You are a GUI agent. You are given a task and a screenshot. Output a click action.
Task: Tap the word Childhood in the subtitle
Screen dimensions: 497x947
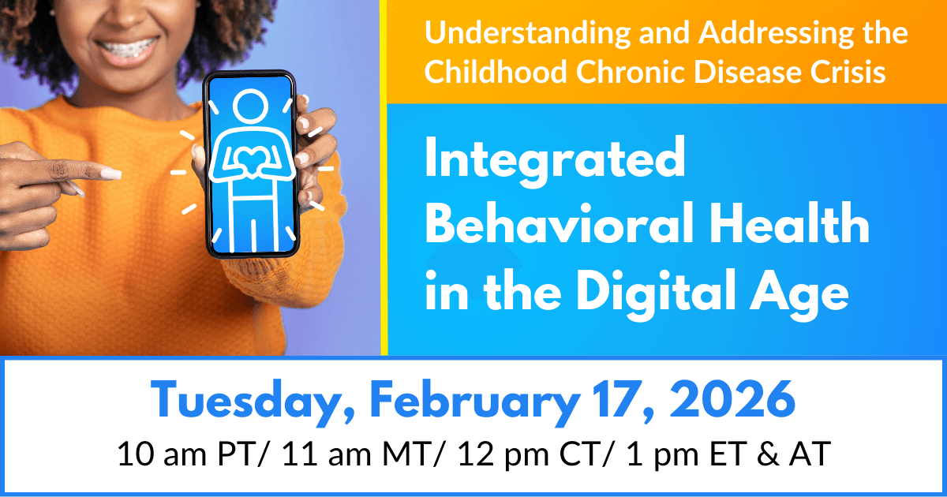(493, 72)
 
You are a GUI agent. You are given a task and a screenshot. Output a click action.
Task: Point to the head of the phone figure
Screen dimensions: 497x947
(250, 106)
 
